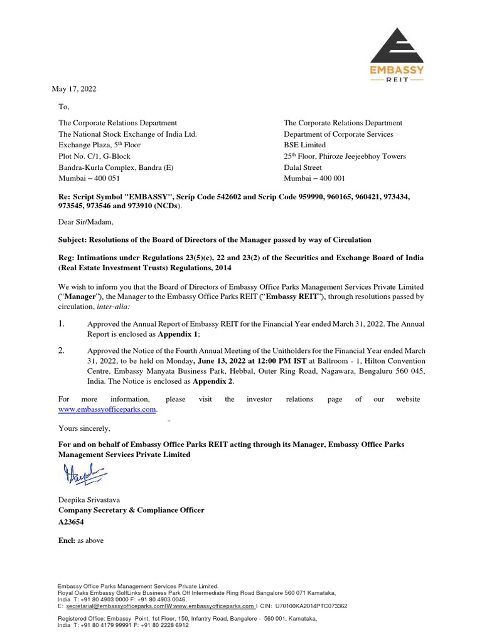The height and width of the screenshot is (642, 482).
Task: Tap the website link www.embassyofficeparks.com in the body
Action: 106,409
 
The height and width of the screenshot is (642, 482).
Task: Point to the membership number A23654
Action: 71,522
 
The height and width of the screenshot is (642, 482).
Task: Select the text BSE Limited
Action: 305,145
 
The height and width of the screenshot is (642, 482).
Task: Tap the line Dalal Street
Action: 303,167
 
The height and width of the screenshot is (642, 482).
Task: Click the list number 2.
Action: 62,350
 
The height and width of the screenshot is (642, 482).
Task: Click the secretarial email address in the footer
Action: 113,606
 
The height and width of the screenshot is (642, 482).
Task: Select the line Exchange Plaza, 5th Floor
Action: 100,145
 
